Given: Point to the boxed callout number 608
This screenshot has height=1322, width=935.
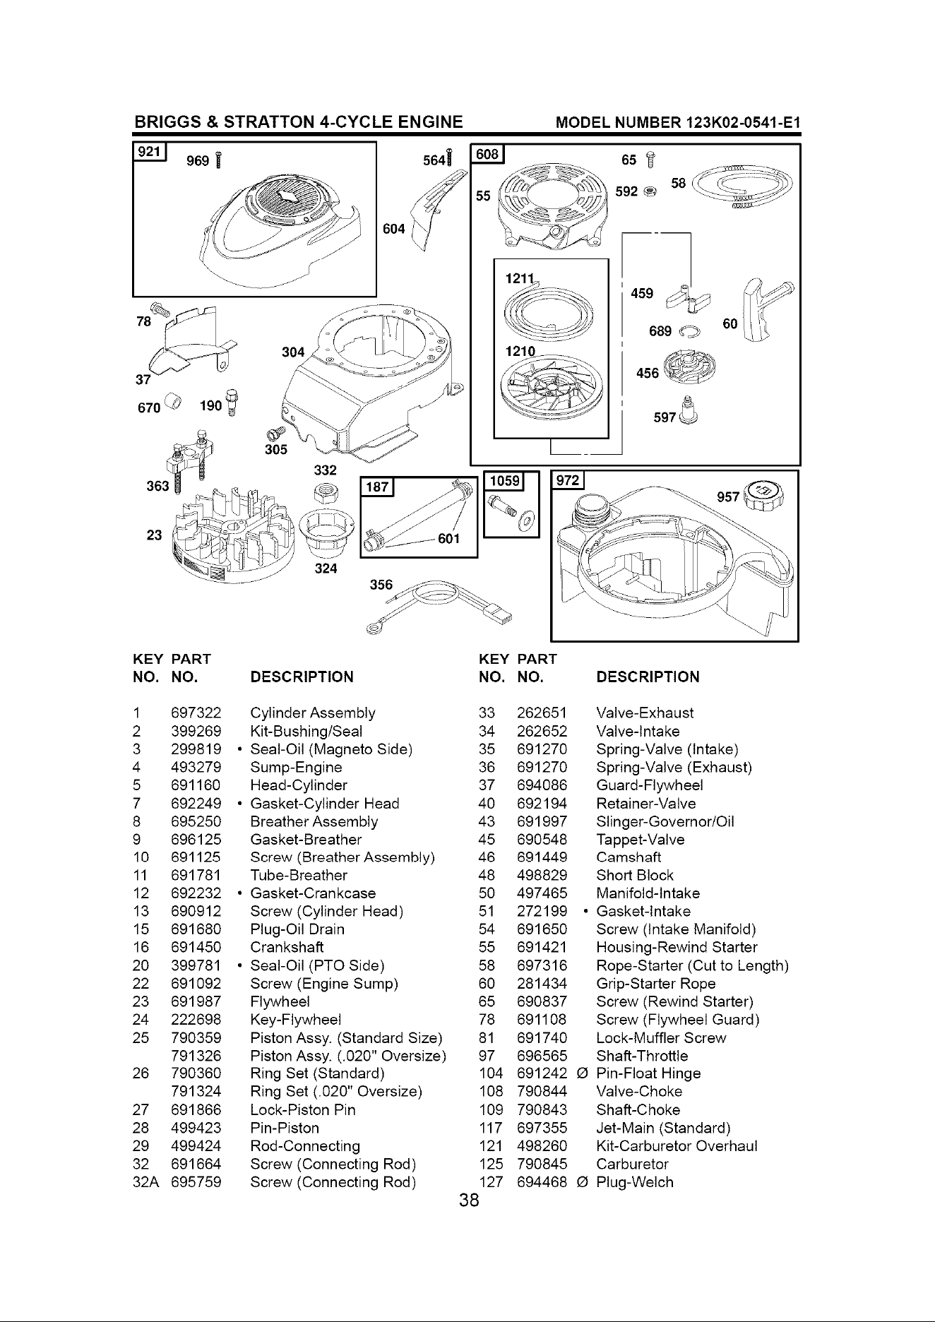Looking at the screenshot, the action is coord(488,154).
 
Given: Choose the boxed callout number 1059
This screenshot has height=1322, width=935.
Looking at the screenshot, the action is coord(504,482).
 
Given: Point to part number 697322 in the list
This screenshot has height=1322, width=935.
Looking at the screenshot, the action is coord(196,713).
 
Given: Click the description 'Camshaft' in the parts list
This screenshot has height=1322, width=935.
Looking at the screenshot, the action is coord(629,857).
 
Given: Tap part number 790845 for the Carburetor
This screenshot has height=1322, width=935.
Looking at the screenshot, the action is coord(542,1164).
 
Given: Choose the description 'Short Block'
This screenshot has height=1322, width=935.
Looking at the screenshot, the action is coord(635,876).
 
